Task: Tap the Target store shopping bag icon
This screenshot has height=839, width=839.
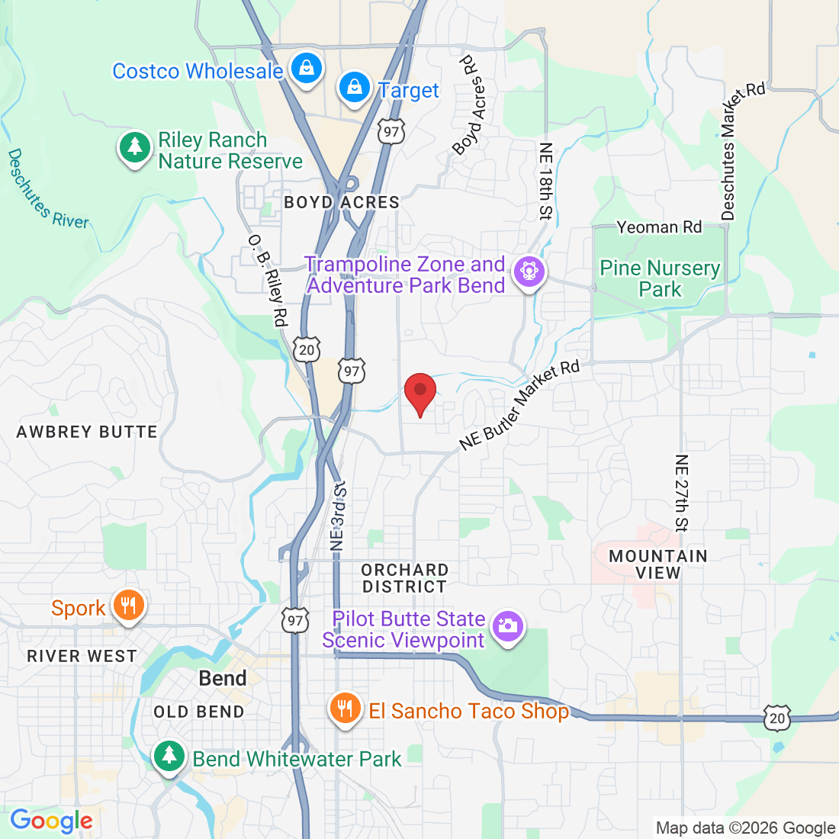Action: coord(355,88)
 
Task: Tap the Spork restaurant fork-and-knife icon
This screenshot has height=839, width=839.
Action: coord(128,606)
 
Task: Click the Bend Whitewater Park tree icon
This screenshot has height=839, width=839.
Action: coord(169,757)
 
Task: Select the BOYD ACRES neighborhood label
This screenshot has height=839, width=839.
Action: coord(342,202)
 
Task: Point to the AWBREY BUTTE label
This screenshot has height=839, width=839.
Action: coord(87,432)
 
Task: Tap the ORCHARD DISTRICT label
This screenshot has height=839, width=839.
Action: coord(404,578)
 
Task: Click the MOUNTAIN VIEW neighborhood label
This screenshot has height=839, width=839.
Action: coord(657,564)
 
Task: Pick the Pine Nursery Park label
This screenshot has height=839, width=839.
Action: coord(660,278)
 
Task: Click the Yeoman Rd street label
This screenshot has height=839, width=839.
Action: coord(659,227)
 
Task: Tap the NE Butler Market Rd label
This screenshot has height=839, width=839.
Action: coord(519,406)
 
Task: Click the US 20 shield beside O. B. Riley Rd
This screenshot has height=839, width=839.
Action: coord(307,350)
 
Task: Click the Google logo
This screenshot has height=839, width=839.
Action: coord(51,821)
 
